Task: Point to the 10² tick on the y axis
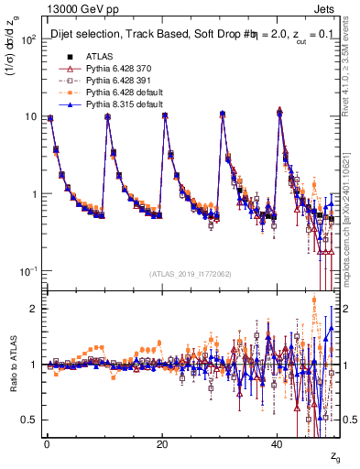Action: [28, 40]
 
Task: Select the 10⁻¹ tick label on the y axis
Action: [28, 272]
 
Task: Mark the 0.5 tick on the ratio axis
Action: [30, 420]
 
